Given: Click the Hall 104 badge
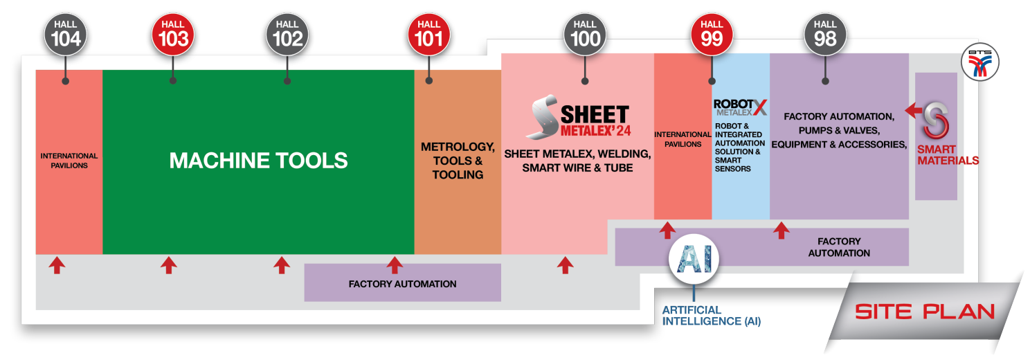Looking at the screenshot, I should tap(66, 33).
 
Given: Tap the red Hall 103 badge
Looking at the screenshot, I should tap(173, 33).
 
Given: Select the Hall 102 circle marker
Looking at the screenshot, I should tap(287, 33).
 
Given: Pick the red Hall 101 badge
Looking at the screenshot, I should tap(428, 33).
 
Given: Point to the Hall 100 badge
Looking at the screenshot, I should tap(585, 33).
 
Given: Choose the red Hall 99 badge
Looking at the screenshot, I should tap(712, 33).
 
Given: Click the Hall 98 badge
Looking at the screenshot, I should tap(825, 33).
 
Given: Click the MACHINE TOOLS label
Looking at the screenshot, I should tap(258, 161).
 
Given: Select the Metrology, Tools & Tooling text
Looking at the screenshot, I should tap(458, 161).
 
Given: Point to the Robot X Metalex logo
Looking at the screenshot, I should tap(740, 108).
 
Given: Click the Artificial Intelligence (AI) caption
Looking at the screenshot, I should tap(712, 316).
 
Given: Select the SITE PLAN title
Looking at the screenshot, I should tap(925, 312).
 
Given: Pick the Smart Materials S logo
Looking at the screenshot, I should tap(936, 121).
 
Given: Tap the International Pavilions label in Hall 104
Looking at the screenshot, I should tap(69, 161).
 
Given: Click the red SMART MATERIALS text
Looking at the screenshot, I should tap(948, 155).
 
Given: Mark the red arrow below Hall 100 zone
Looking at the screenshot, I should tap(566, 264).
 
